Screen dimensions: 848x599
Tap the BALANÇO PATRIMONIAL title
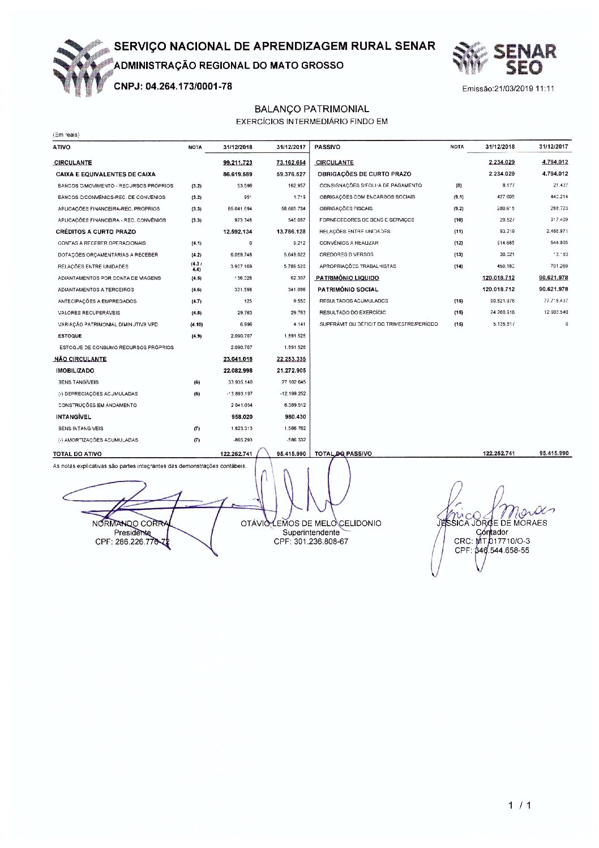point(311,109)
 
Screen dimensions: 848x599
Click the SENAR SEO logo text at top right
point(524,59)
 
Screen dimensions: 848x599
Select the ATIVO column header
point(62,147)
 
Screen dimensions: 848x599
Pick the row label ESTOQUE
point(70,336)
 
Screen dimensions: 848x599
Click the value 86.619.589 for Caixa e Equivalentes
point(238,174)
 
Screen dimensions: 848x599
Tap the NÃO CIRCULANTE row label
point(80,359)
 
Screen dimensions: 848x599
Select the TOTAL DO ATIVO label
point(78,454)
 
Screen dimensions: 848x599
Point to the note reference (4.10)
point(196,325)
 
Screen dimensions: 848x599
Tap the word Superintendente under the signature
point(311,532)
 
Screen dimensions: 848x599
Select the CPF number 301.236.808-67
point(311,542)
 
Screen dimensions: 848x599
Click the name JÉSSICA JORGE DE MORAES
point(491,523)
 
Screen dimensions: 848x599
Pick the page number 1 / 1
point(519,806)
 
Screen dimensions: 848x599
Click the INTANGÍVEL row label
point(73,417)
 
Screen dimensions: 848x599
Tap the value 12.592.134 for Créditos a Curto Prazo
point(238,232)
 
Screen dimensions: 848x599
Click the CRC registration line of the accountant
point(491,541)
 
